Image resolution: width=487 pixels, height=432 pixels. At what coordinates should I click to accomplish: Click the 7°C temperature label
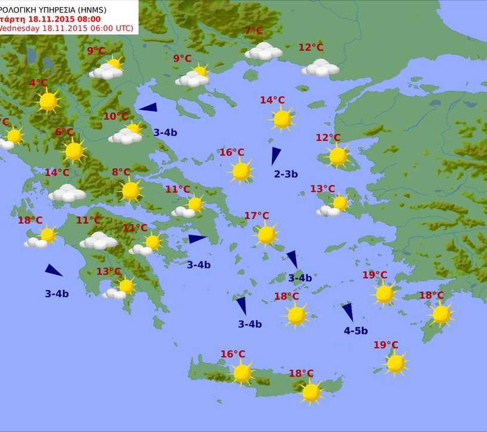(x=254, y=31)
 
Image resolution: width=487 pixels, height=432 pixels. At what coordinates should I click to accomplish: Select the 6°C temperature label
(x=64, y=132)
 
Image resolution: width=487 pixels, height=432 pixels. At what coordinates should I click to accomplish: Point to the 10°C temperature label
(x=115, y=116)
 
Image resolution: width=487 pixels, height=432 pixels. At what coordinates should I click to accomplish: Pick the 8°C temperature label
(x=121, y=172)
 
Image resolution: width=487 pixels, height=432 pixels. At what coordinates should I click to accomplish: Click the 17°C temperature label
(x=257, y=216)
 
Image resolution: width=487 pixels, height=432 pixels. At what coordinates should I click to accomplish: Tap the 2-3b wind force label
(x=286, y=174)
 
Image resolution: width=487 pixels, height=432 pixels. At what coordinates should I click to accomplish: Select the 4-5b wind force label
(x=356, y=330)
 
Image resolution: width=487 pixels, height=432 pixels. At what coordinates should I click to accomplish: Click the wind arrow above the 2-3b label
(x=276, y=156)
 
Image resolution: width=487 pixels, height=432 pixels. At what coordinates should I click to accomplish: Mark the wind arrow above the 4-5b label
(x=347, y=312)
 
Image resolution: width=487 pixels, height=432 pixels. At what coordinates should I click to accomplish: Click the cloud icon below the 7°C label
(x=264, y=52)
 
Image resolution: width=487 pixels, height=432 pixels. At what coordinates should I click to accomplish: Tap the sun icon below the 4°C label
(x=48, y=101)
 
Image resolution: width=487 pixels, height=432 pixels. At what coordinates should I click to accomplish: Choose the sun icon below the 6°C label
(x=74, y=150)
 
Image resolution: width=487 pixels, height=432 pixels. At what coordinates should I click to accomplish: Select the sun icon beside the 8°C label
(x=131, y=191)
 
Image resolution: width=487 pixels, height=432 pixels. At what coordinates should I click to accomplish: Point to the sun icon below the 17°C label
(x=267, y=234)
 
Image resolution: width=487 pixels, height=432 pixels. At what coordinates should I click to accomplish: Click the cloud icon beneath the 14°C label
(x=67, y=193)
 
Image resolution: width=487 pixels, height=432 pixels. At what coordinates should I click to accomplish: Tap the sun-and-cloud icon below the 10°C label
(x=127, y=134)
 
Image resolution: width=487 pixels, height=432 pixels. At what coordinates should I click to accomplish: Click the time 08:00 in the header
(x=87, y=18)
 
